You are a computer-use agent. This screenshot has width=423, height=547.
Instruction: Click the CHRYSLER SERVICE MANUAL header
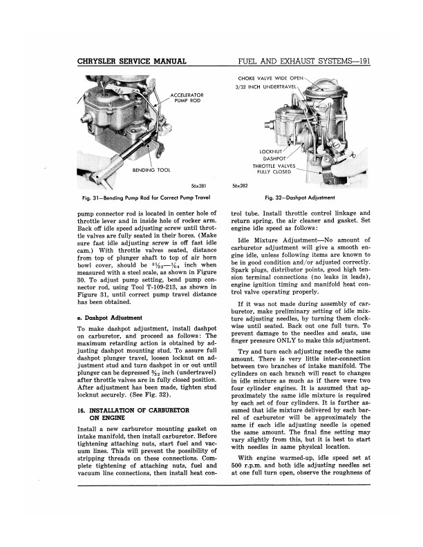coord(133,63)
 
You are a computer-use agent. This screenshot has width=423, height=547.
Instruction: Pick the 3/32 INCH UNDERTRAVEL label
coord(265,87)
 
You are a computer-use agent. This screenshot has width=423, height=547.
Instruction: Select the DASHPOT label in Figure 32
coord(275,158)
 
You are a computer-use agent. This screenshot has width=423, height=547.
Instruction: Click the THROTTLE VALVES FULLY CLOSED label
coord(274,169)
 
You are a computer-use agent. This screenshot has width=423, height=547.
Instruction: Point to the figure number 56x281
coord(199,186)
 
